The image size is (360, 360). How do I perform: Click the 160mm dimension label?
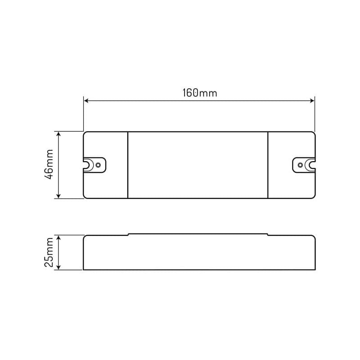coord(199,93)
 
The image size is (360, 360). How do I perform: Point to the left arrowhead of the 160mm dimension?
coord(87,100)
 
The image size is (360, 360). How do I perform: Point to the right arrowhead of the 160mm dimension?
coord(311,100)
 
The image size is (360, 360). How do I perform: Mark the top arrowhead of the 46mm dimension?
coord(58,134)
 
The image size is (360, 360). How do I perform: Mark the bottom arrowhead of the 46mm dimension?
coord(58,196)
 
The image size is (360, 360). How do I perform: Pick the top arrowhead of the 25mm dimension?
coord(58,237)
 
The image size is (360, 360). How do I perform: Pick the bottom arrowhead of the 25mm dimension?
coord(58,268)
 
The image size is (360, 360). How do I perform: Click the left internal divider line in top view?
coord(128,165)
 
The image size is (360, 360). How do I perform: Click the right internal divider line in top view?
coord(268,165)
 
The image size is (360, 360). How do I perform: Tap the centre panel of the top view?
coord(198,165)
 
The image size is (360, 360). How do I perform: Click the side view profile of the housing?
coord(198,252)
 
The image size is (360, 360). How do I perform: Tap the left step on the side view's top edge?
coord(129,234)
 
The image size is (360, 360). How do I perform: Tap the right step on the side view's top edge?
coord(268,234)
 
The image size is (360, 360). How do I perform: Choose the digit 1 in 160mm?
coord(184,93)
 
